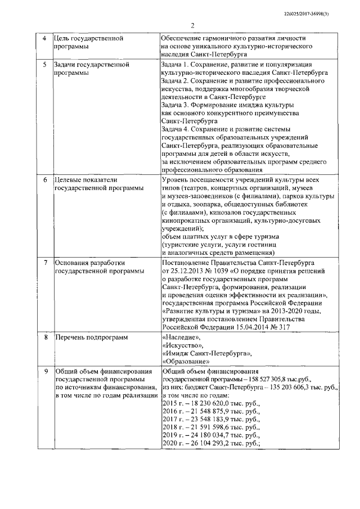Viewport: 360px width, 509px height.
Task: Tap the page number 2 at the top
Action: coord(191,25)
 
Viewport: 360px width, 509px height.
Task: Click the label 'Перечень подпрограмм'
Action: coord(91,337)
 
